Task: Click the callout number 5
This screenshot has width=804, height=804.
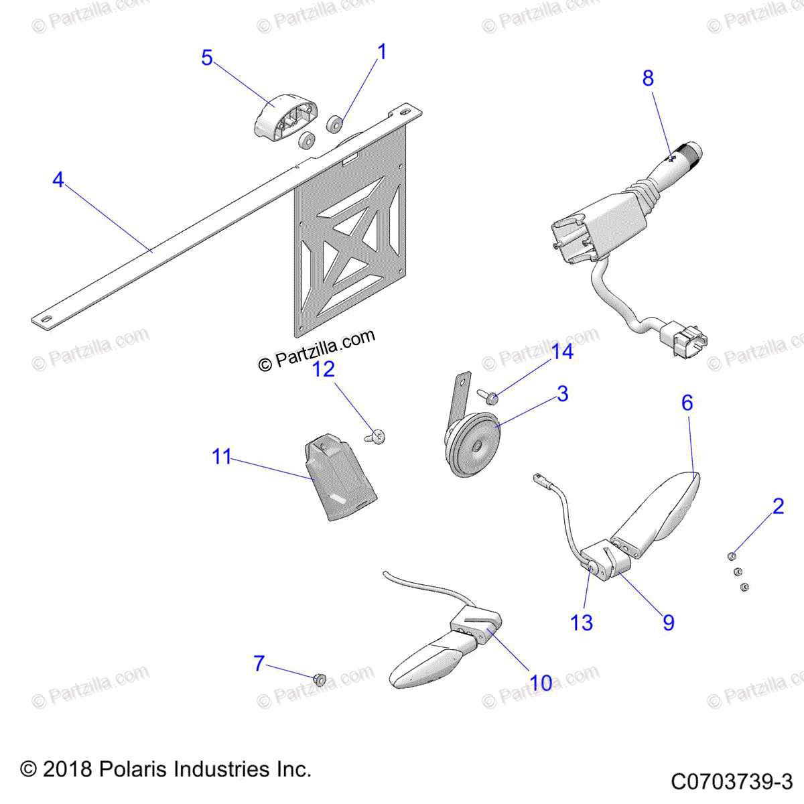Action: coord(207,58)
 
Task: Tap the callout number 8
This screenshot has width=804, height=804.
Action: coord(648,79)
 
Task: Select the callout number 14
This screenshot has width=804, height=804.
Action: coord(562,352)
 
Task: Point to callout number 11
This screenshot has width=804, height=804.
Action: coord(222,457)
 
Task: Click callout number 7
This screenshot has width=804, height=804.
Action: coord(259,663)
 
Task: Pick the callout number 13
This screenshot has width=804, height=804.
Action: coord(582,623)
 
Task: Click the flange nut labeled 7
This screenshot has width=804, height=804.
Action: coord(320,679)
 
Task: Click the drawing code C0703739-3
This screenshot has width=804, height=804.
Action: coord(732,781)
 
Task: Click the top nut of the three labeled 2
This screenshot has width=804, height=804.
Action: coord(732,555)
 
